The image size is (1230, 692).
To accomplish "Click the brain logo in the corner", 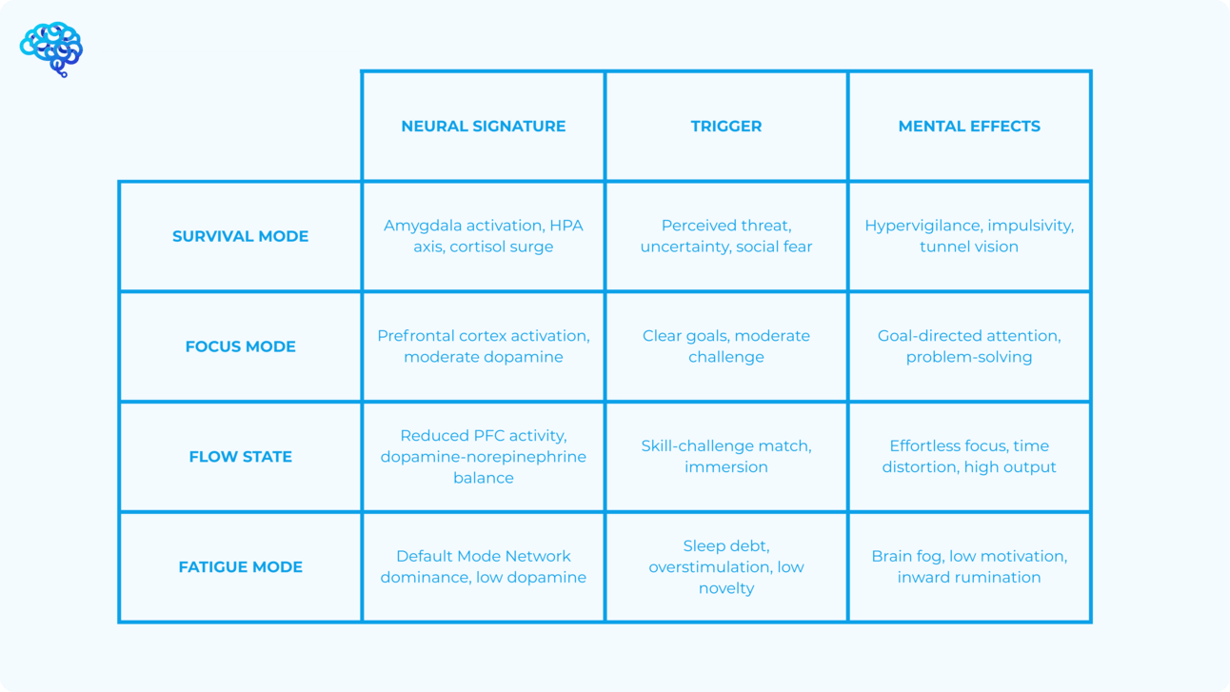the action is pyautogui.click(x=51, y=49).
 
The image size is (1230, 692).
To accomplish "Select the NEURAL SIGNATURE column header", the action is pyautogui.click(x=484, y=127).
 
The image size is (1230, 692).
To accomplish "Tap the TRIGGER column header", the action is pyautogui.click(x=726, y=127).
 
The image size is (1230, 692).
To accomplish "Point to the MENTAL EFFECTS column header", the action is pyautogui.click(x=969, y=127).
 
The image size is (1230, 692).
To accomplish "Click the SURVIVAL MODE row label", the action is pyautogui.click(x=241, y=236).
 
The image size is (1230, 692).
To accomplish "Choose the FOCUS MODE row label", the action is pyautogui.click(x=241, y=346).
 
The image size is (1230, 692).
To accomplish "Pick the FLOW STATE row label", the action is pyautogui.click(x=241, y=456).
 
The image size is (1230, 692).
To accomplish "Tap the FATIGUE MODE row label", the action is pyautogui.click(x=241, y=566).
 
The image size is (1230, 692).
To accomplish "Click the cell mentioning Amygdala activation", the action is pyautogui.click(x=484, y=236).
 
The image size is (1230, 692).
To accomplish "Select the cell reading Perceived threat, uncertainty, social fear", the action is pyautogui.click(x=726, y=236).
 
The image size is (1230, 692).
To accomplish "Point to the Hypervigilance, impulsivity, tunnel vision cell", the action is pyautogui.click(x=969, y=236).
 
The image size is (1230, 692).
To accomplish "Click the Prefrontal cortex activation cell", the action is pyautogui.click(x=484, y=346).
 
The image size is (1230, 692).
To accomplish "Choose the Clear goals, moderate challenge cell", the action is pyautogui.click(x=726, y=346).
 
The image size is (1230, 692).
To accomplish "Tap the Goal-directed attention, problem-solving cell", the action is pyautogui.click(x=969, y=346).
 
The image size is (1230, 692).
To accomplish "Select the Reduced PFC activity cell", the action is pyautogui.click(x=484, y=456).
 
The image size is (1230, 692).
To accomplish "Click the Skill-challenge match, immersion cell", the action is pyautogui.click(x=726, y=456).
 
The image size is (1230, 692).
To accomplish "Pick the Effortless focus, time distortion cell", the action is pyautogui.click(x=969, y=456).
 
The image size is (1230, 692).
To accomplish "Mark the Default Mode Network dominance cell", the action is pyautogui.click(x=484, y=566).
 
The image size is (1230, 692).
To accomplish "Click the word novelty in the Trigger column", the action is pyautogui.click(x=726, y=588).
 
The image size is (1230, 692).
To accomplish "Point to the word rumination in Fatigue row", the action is pyautogui.click(x=1003, y=577).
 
